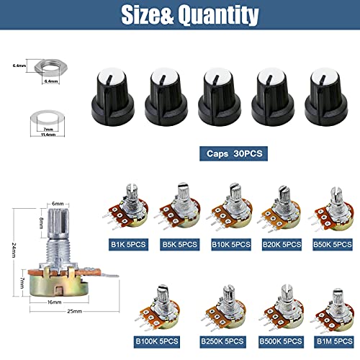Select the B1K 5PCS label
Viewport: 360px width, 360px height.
[127, 244]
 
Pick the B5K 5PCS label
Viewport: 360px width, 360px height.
[179, 244]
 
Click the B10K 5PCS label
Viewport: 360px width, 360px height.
[230, 244]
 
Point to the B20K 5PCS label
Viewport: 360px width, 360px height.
[281, 244]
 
